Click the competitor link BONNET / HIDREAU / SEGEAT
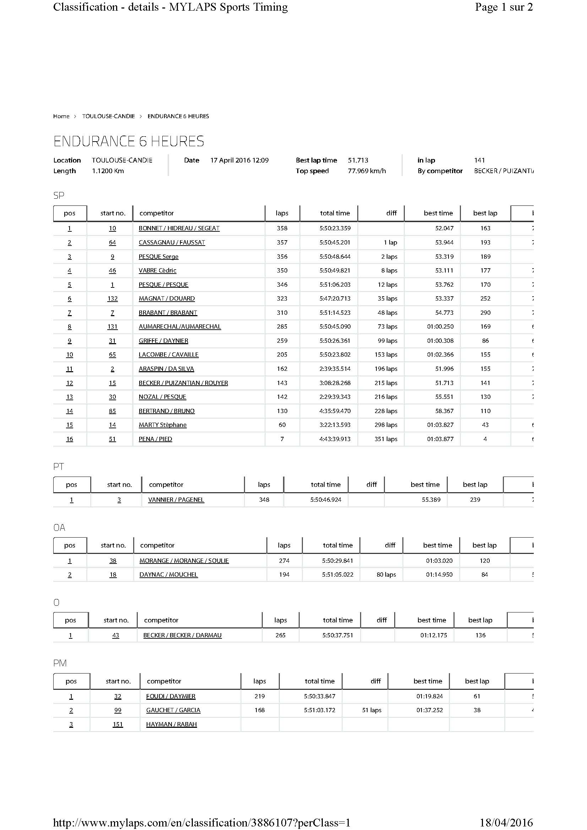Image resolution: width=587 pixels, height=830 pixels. pos(179,228)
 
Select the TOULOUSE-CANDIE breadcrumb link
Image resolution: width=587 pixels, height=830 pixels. pos(108,116)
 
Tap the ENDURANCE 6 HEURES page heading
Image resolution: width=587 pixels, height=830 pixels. pos(129,141)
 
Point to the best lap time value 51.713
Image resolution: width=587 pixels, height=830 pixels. pos(358,160)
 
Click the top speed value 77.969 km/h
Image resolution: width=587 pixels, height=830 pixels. pos(366,171)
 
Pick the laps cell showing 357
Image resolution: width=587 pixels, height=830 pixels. pos(282,242)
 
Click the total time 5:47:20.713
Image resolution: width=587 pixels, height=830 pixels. pos(335,298)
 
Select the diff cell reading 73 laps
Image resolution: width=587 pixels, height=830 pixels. pos(387,326)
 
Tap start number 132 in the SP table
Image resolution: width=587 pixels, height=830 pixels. pos(113,298)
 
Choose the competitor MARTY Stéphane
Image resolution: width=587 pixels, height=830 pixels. pos(162,425)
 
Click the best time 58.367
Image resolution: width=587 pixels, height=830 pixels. pos(444,411)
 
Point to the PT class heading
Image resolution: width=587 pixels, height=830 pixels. pos(59,466)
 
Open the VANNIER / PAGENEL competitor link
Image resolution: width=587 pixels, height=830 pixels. pos(176,500)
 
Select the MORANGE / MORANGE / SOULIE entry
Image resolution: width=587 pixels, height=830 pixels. pos(184,561)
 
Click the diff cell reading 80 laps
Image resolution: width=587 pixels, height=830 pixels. pos(386,575)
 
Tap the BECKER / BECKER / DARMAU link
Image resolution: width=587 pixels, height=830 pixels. pos(182,635)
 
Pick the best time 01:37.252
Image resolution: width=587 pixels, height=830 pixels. pos(429,710)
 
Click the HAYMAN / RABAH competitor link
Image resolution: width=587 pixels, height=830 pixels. pos(172,724)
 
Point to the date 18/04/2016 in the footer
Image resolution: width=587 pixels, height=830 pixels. pos(506,823)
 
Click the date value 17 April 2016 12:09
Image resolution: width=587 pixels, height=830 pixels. pos(239,160)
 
